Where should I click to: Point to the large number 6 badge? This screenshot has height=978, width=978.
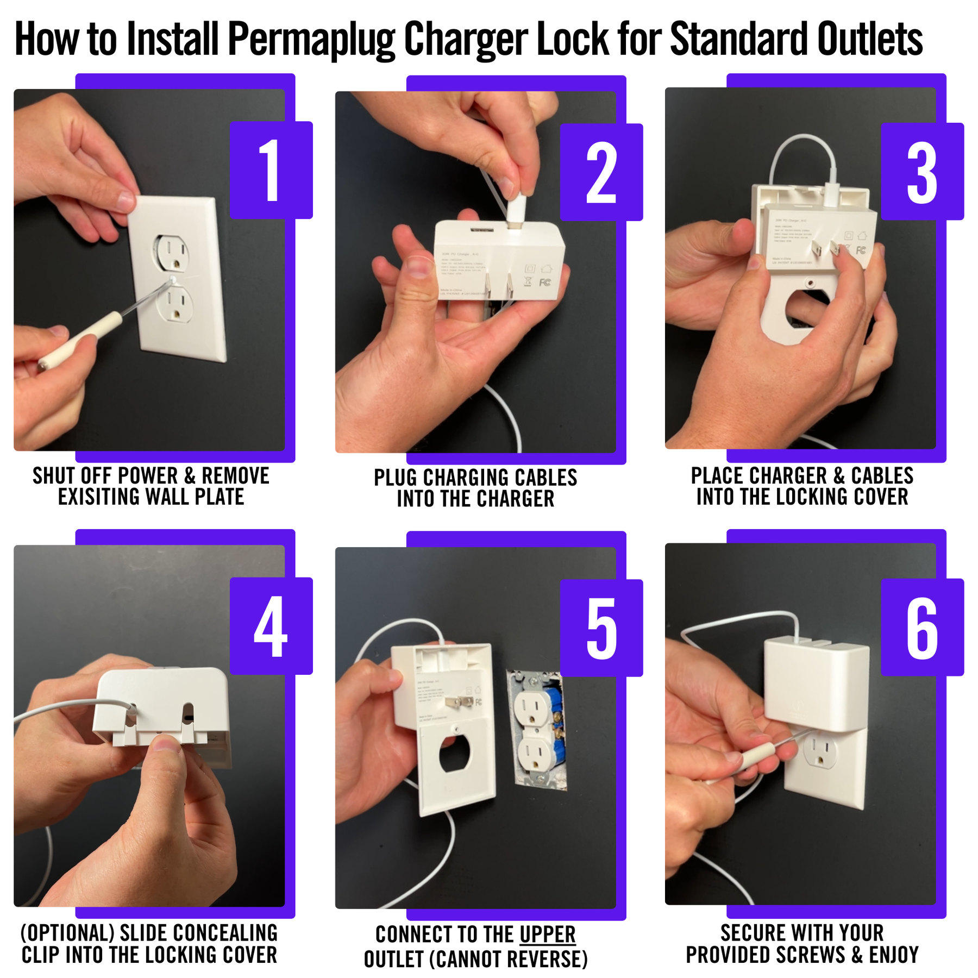[x=921, y=628]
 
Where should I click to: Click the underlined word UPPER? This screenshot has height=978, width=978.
[x=547, y=935]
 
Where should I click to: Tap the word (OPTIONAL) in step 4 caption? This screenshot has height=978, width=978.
[x=67, y=933]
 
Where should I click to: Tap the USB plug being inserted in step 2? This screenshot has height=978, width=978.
[x=517, y=209]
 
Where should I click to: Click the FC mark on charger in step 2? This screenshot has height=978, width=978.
[x=545, y=283]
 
